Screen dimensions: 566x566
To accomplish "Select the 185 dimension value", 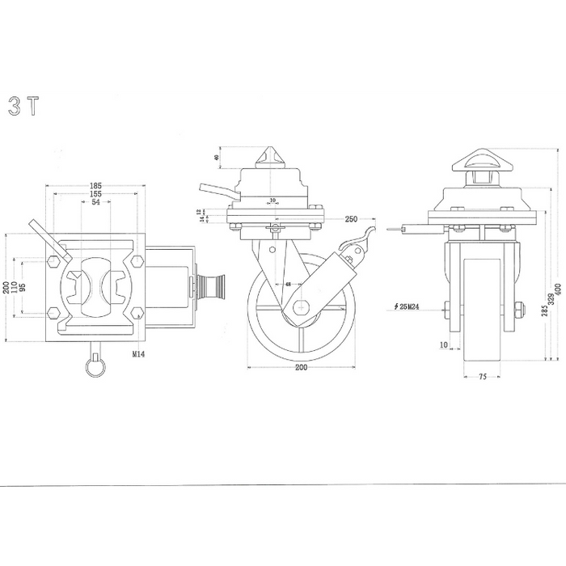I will pos(96,186).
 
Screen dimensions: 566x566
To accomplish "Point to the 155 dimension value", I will pos(96,194).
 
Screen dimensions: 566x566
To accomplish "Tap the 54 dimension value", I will pos(96,202).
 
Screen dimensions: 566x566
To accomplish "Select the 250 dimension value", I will pos(351,219).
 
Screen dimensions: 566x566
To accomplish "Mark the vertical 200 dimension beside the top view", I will pos(6,288).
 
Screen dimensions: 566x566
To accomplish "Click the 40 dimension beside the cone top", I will pos(217,158).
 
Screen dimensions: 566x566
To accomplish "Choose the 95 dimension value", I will pos(23,288).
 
